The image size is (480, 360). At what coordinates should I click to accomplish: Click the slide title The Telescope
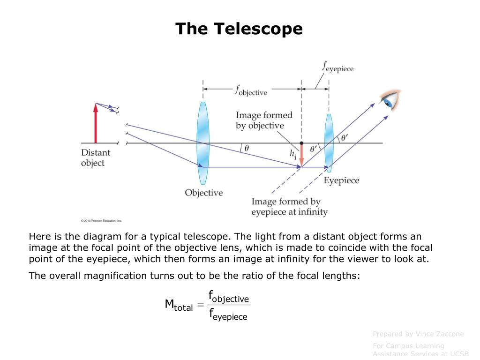[x=239, y=29]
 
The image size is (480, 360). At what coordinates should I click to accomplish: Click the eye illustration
[x=390, y=100]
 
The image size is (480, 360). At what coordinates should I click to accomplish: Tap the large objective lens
[x=202, y=143]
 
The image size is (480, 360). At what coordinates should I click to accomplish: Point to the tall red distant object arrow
[x=96, y=123]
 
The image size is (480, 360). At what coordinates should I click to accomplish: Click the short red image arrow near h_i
[x=301, y=154]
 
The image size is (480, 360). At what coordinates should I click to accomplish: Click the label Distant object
[x=96, y=157]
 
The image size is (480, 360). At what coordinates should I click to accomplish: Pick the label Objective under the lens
[x=203, y=193]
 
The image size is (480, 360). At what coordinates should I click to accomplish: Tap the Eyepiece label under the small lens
[x=342, y=180]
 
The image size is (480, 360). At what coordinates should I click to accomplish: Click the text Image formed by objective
[x=263, y=120]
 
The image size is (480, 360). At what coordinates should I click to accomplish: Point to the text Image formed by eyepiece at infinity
[x=289, y=207]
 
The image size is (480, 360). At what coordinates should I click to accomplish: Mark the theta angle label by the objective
[x=247, y=148]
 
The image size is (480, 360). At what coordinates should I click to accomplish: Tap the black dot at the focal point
[x=301, y=142]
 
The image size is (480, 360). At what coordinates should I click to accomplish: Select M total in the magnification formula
[x=179, y=305]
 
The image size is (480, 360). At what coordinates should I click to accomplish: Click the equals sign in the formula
[x=200, y=306]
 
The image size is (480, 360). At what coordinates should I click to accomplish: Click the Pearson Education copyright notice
[x=101, y=220]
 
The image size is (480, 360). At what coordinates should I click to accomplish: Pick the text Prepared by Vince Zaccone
[x=418, y=334]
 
